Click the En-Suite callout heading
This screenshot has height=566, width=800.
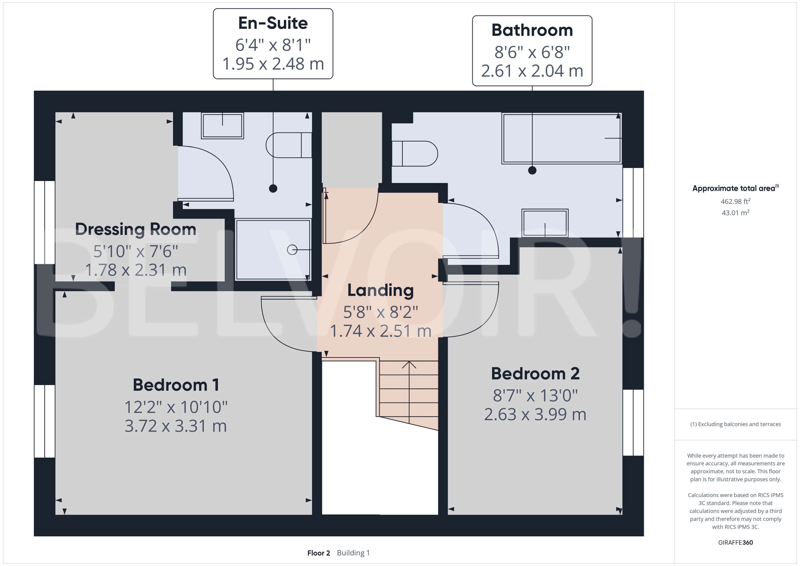point(273,23)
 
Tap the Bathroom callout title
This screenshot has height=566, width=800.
point(532,30)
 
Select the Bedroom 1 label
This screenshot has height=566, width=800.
point(176,385)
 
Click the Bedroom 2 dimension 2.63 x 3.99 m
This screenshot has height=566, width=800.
point(535,415)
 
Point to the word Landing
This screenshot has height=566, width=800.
point(380,290)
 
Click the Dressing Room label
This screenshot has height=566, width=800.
point(136,229)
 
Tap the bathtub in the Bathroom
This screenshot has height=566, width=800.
point(562,138)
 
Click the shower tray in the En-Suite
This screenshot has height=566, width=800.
point(273,250)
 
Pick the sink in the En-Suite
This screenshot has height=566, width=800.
point(222,125)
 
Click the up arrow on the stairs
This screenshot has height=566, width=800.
point(409,365)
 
